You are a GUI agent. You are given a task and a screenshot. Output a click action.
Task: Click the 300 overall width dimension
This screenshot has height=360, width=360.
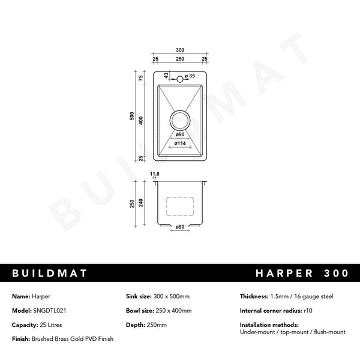coord(180,50)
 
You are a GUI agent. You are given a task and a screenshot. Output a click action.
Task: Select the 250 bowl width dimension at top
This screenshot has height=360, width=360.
coord(180,59)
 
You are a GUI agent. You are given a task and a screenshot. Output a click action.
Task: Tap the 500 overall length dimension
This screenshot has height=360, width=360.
coord(132,116)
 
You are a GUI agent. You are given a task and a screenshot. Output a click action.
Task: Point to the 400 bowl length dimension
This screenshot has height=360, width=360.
coord(141,121)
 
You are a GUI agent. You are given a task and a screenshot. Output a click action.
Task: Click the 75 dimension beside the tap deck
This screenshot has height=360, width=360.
coord(141,78)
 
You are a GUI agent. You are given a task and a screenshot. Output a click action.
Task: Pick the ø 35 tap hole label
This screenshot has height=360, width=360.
coord(190,76)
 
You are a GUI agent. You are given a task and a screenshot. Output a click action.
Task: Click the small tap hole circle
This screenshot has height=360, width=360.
coord(180,79)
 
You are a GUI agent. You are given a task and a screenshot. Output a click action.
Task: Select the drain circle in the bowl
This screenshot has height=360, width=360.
coord(180,120)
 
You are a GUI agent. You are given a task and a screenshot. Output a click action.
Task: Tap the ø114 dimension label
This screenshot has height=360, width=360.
coord(180,143)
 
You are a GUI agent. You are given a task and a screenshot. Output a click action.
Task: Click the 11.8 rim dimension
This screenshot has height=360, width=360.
coord(155,174)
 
